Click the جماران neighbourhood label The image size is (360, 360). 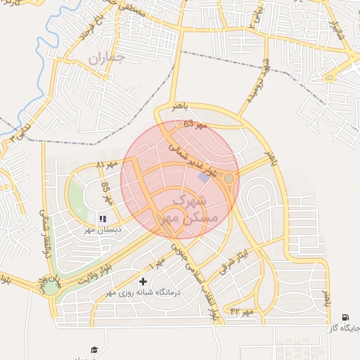tap(105, 59)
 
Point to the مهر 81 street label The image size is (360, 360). tap(104, 164)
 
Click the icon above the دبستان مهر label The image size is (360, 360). tap(103, 219)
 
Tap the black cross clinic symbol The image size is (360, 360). tap(144, 281)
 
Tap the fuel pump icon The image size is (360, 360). tap(345, 318)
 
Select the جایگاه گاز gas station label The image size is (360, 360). tap(345, 328)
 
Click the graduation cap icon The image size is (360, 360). tap(94, 349)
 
